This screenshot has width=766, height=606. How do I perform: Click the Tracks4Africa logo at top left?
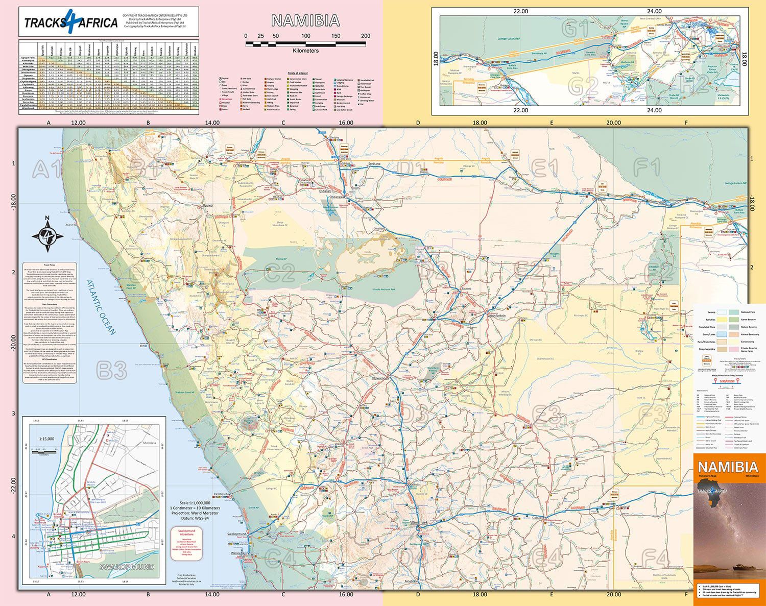[71, 22]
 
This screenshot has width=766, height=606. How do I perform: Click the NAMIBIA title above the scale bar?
[305, 20]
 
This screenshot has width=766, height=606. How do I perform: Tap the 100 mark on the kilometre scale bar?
[305, 36]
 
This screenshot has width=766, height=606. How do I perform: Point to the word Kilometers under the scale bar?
[305, 51]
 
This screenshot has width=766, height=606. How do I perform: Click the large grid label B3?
[111, 371]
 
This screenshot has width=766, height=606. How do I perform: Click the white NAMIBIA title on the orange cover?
[728, 467]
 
